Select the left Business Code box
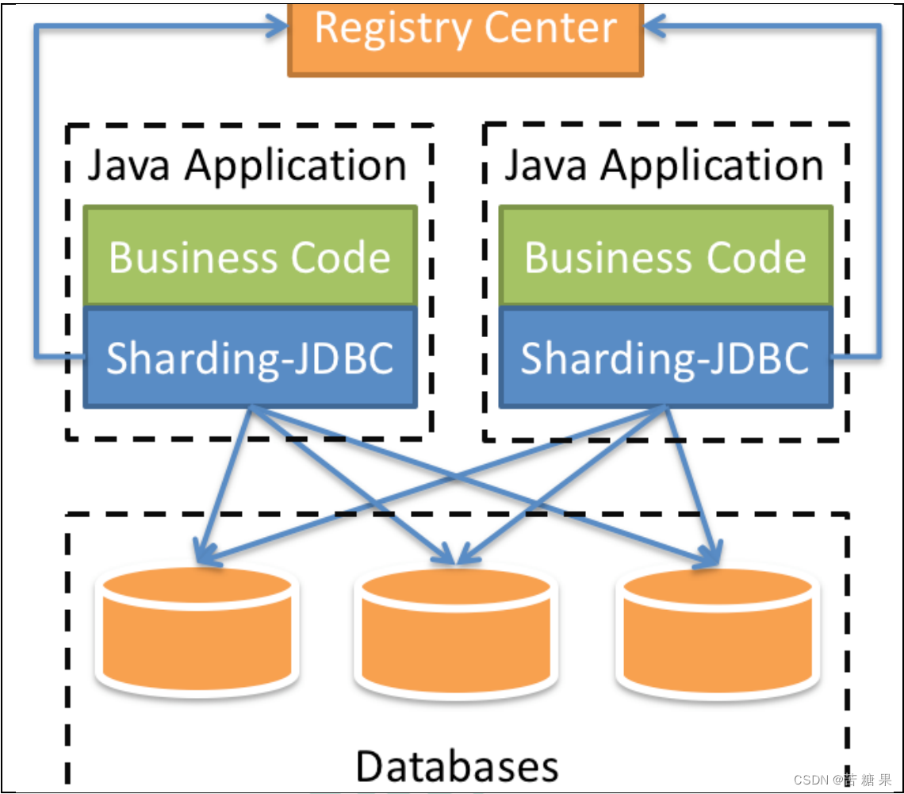250,256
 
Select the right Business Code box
665,256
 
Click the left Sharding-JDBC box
250,358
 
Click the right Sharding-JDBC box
665,358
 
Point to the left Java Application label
247,166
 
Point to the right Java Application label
664,166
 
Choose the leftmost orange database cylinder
196,631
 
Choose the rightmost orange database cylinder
718,631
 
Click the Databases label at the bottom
457,765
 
